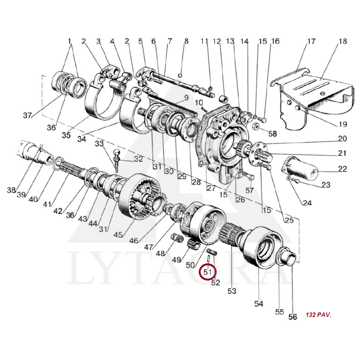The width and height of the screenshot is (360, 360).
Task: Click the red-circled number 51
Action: pyautogui.click(x=207, y=272)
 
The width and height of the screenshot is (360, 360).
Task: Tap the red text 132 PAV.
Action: pyautogui.click(x=319, y=315)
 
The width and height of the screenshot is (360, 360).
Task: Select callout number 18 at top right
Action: pyautogui.click(x=343, y=41)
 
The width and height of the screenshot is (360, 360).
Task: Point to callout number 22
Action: pyautogui.click(x=342, y=169)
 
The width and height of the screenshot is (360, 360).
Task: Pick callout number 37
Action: pyautogui.click(x=27, y=115)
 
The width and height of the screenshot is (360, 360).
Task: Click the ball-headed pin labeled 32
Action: pyautogui.click(x=116, y=160)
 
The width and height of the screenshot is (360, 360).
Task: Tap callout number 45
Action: pyautogui.click(x=118, y=234)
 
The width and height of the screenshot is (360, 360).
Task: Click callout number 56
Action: pyautogui.click(x=292, y=317)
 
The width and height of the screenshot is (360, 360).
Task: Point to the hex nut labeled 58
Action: pyautogui.click(x=256, y=126)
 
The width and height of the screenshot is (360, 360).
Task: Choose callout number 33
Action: pyautogui.click(x=99, y=144)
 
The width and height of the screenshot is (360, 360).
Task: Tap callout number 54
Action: pyautogui.click(x=258, y=304)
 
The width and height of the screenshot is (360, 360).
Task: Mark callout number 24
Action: pyautogui.click(x=307, y=203)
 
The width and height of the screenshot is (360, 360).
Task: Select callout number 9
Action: pyautogui.click(x=186, y=98)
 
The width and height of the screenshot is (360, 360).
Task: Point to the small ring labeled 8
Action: pyautogui.click(x=180, y=75)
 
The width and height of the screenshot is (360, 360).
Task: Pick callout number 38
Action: pyautogui.click(x=11, y=190)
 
